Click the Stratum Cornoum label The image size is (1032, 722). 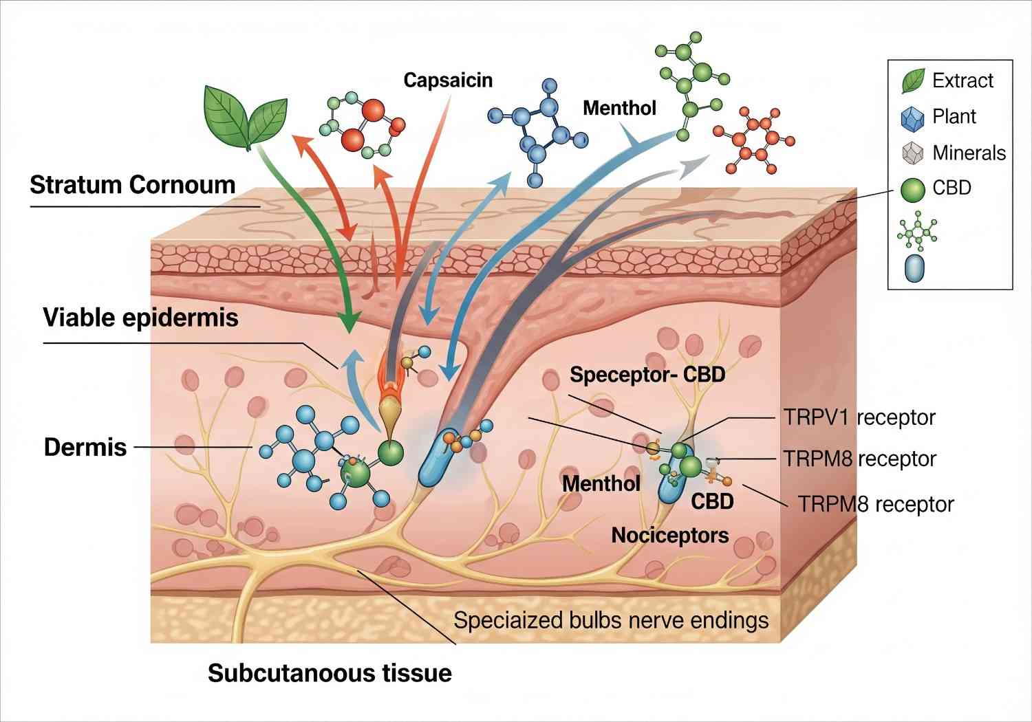tap(132, 185)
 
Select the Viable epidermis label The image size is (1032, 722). tap(140, 318)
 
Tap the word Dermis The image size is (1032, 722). tap(85, 447)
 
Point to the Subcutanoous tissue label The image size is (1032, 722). tap(330, 672)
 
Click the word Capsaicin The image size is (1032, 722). tap(448, 80)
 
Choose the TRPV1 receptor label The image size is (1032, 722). tap(859, 417)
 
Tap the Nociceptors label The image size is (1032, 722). tap(669, 535)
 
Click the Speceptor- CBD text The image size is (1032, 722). tap(647, 375)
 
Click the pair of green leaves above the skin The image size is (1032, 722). tap(245, 116)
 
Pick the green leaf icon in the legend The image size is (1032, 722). tap(913, 81)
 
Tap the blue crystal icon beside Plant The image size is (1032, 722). tap(912, 118)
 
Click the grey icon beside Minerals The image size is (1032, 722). tap(912, 153)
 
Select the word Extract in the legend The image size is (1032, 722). tap(963, 80)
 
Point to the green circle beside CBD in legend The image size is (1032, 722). tap(913, 189)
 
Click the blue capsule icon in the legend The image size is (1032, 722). tap(915, 268)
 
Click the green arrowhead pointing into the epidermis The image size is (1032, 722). tap(350, 321)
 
